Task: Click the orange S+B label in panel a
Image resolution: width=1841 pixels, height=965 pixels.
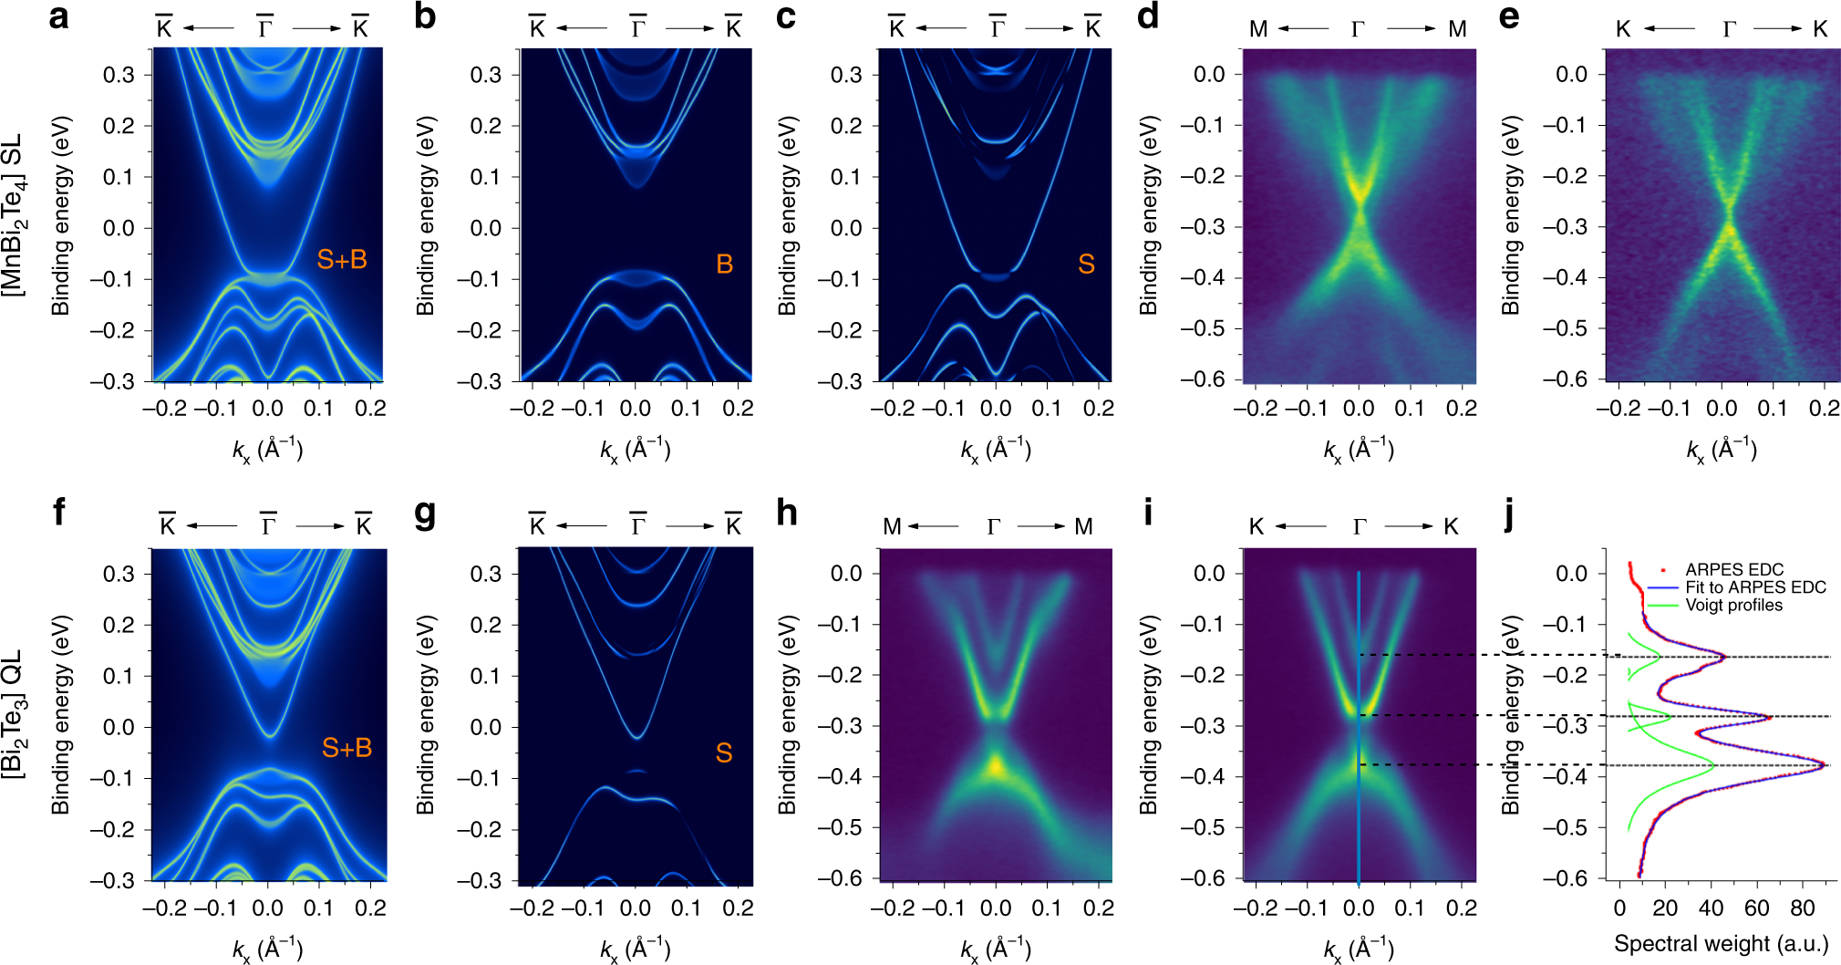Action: tap(341, 260)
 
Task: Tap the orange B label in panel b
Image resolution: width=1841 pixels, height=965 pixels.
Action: tap(724, 265)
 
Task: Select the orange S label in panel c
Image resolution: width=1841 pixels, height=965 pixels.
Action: tap(1085, 265)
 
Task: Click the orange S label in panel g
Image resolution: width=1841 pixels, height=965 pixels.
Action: tap(723, 753)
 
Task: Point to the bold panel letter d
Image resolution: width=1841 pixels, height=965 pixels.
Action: tap(1148, 16)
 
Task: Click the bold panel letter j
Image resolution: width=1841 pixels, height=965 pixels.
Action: tap(1509, 514)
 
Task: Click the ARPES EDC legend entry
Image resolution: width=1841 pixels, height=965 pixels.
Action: tap(1732, 569)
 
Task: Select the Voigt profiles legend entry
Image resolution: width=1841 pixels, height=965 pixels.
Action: tap(1732, 606)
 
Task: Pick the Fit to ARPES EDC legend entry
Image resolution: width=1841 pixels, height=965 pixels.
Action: tap(1754, 587)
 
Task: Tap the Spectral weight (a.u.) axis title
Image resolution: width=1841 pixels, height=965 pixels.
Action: tap(1721, 944)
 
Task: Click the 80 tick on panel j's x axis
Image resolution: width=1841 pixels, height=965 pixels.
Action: tap(1802, 908)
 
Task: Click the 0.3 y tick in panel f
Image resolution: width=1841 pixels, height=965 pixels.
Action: tap(119, 575)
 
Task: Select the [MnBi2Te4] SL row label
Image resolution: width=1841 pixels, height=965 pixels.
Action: tap(13, 215)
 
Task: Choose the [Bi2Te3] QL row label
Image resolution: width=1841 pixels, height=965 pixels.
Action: tap(13, 713)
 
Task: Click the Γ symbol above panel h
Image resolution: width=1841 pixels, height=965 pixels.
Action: tap(993, 527)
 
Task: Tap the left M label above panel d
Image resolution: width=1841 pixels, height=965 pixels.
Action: tap(1257, 29)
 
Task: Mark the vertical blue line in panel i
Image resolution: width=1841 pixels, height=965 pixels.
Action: tap(1359, 730)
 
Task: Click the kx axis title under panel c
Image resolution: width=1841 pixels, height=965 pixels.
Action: tap(995, 450)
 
